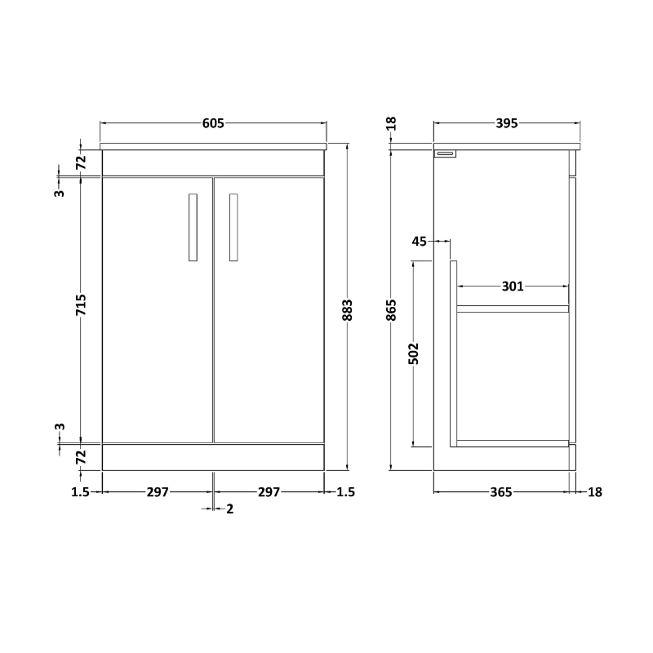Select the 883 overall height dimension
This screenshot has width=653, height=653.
347,310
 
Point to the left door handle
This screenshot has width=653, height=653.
193,228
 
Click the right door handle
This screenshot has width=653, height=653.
233,228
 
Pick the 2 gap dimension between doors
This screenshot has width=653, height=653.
229,509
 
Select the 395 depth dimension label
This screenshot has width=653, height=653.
506,123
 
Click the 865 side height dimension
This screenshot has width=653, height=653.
391,310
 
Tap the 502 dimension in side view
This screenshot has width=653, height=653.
413,353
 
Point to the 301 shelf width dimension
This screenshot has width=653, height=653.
512,287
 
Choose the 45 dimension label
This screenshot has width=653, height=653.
420,241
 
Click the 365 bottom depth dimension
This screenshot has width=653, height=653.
500,491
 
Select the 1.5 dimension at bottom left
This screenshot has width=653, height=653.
80,491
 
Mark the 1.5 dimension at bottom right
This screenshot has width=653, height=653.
346,491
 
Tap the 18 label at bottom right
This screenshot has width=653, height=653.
594,491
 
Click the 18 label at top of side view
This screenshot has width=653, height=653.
391,124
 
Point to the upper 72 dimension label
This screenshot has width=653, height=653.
81,162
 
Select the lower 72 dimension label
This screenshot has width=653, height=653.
81,458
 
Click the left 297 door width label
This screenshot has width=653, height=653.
158,491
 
